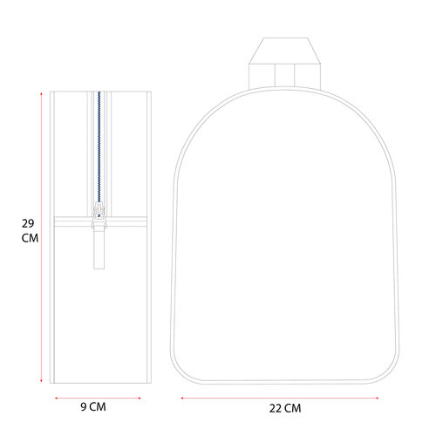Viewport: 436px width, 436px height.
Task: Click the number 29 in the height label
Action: point(28,223)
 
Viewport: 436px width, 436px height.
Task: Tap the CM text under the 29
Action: point(30,238)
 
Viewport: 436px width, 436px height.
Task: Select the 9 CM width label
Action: point(93,406)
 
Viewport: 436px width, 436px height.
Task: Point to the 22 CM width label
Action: point(285,408)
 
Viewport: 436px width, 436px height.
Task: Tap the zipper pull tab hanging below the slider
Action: point(99,249)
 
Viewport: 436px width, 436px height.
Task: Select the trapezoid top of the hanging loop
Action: point(285,51)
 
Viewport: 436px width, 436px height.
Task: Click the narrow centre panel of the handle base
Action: point(284,75)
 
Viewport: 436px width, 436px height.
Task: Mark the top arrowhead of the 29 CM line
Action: point(41,93)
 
